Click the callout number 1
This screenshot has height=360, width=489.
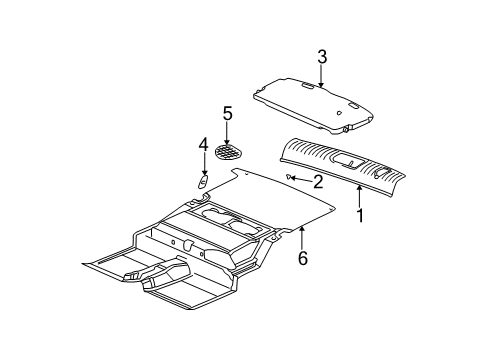tap(360, 215)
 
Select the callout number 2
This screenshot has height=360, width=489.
tap(317, 182)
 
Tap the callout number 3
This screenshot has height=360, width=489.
tap(321, 57)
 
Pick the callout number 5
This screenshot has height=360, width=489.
tap(227, 113)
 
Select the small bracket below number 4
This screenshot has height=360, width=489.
tap(201, 183)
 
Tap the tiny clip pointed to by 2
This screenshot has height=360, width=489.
tap(290, 178)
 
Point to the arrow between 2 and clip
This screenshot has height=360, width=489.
tap(302, 180)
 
